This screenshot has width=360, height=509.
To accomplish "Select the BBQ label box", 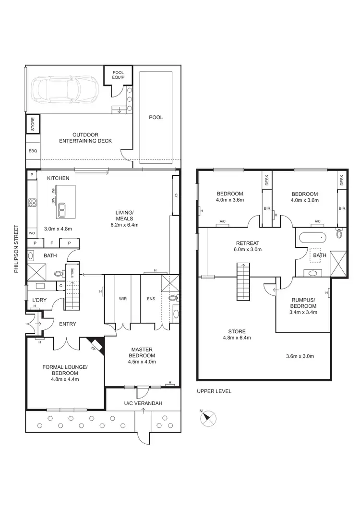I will click(33, 151).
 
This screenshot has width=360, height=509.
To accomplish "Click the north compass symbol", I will click(207, 416).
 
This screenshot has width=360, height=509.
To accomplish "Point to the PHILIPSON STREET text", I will click(16, 249).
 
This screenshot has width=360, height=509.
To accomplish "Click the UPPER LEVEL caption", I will click(214, 391).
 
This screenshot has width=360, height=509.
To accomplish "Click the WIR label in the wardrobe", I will click(122, 298).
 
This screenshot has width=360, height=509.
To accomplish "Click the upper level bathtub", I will click(312, 238).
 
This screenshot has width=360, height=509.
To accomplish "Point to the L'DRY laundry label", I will click(34, 301).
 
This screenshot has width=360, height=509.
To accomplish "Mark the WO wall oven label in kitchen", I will click(33, 233).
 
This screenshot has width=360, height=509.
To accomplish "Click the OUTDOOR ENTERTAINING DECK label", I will click(85, 138).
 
